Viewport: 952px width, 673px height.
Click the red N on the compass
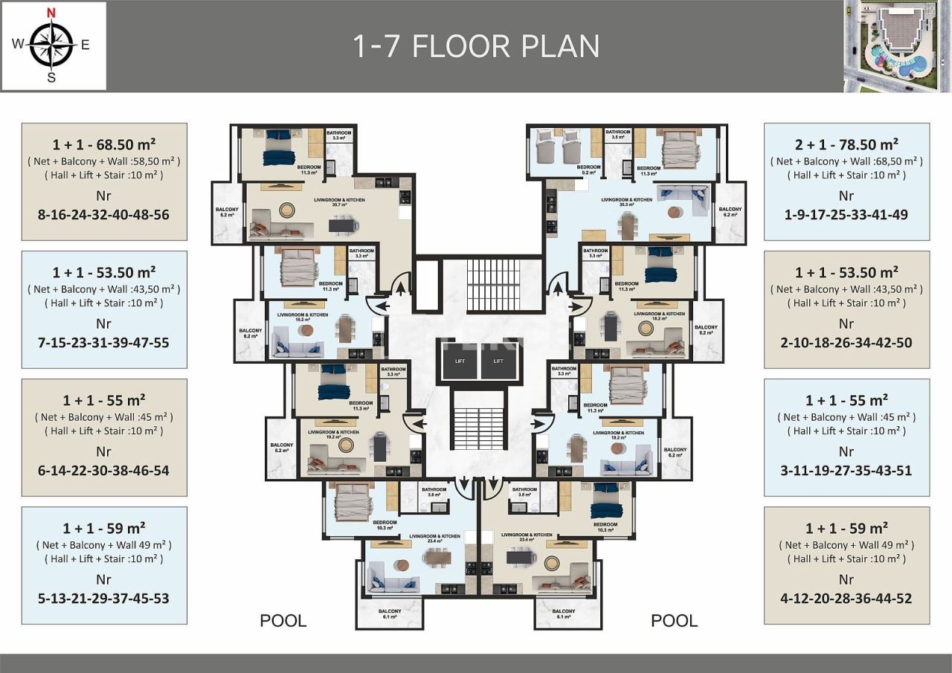click(x=51, y=13)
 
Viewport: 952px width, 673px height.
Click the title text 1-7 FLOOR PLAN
click(x=476, y=46)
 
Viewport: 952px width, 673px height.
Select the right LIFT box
click(x=498, y=361)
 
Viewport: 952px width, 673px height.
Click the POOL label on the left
click(x=283, y=621)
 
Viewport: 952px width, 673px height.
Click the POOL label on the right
click(x=674, y=621)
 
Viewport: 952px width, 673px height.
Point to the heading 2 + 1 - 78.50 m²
click(x=846, y=144)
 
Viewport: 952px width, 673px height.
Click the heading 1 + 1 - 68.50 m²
click(x=104, y=144)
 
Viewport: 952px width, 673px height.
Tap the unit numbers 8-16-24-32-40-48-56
click(x=104, y=215)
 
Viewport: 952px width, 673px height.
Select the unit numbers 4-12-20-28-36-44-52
click(x=846, y=599)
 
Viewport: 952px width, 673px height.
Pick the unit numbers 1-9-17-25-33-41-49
click(x=846, y=215)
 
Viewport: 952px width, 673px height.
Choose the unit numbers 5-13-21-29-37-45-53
click(x=104, y=599)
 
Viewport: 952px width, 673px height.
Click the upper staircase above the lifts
click(x=493, y=286)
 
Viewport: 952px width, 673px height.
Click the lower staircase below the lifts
click(x=478, y=428)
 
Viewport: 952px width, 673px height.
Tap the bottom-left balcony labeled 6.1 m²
click(x=389, y=613)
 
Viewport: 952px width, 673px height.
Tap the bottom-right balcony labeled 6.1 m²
click(x=563, y=613)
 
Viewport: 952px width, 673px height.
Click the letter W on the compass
click(x=17, y=44)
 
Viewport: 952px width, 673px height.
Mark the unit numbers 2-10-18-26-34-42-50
click(x=846, y=343)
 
